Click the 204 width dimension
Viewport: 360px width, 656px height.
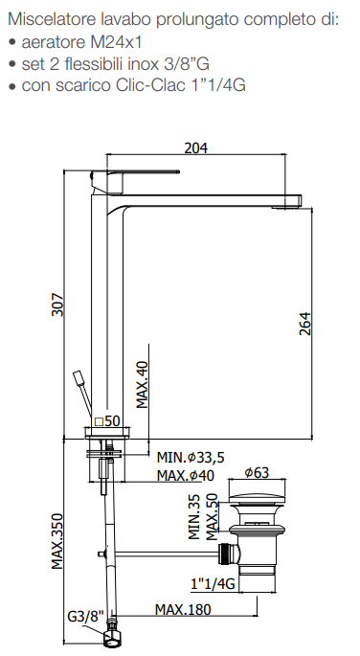click(196, 147)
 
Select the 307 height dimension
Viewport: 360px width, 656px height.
click(57, 305)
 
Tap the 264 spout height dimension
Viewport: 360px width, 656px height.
click(305, 324)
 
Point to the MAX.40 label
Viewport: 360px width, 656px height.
click(143, 384)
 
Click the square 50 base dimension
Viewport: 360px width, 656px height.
click(107, 420)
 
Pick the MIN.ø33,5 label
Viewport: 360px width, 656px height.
click(191, 457)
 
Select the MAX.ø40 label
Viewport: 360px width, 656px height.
click(185, 475)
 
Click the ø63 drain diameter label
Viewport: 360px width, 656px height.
click(257, 472)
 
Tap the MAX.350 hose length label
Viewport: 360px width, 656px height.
click(57, 541)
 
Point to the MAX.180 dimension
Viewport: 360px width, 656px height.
click(183, 610)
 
